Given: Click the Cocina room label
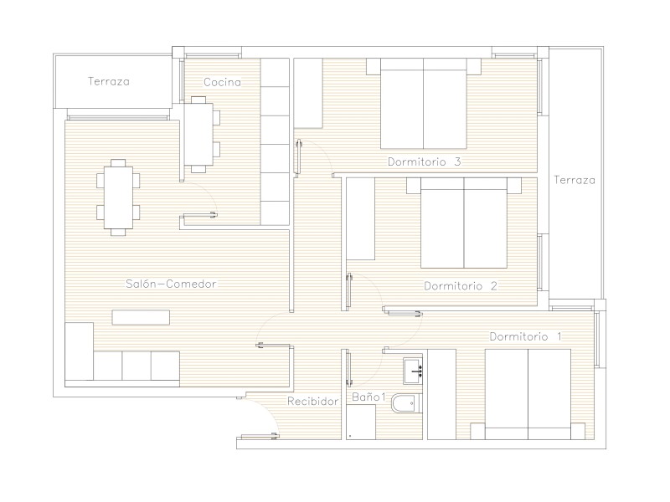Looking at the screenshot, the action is (222, 82).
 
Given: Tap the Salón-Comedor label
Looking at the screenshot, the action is (171, 284).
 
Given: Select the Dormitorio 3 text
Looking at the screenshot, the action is (425, 161).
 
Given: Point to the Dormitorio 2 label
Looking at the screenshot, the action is (461, 286).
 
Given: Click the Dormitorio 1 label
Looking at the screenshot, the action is (526, 336).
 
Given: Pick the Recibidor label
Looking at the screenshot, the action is (312, 402).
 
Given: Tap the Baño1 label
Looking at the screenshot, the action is (368, 397).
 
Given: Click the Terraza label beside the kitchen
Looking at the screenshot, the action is (109, 81).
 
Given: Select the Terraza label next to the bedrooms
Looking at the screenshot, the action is (575, 180).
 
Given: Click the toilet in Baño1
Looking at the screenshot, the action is (406, 403).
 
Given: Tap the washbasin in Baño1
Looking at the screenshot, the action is (413, 371).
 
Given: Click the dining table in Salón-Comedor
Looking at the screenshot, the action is (118, 197).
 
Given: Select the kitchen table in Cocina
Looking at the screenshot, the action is (199, 135).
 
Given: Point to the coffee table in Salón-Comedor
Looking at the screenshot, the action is (141, 317).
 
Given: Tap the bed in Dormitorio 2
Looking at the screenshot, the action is (464, 223).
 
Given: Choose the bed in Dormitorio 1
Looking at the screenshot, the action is (528, 394).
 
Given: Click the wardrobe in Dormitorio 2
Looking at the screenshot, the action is (360, 219).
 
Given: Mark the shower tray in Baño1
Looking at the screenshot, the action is (361, 422).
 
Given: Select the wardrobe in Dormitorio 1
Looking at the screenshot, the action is (442, 394).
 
